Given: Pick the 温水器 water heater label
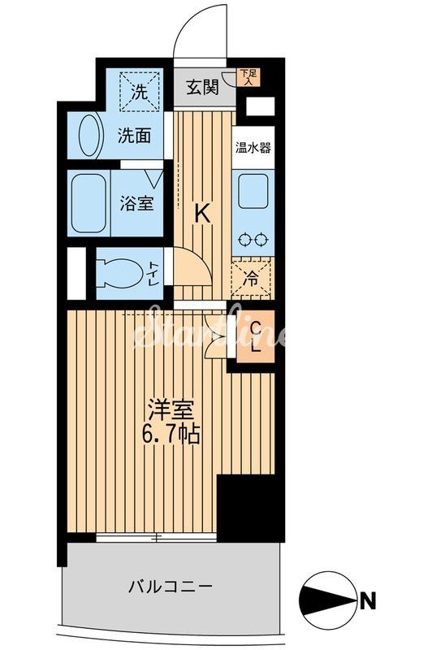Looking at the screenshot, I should [x=253, y=148].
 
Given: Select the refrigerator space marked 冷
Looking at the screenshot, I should [x=253, y=277].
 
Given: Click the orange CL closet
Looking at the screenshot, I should [x=254, y=336].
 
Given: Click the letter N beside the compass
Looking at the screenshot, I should [x=367, y=602].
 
